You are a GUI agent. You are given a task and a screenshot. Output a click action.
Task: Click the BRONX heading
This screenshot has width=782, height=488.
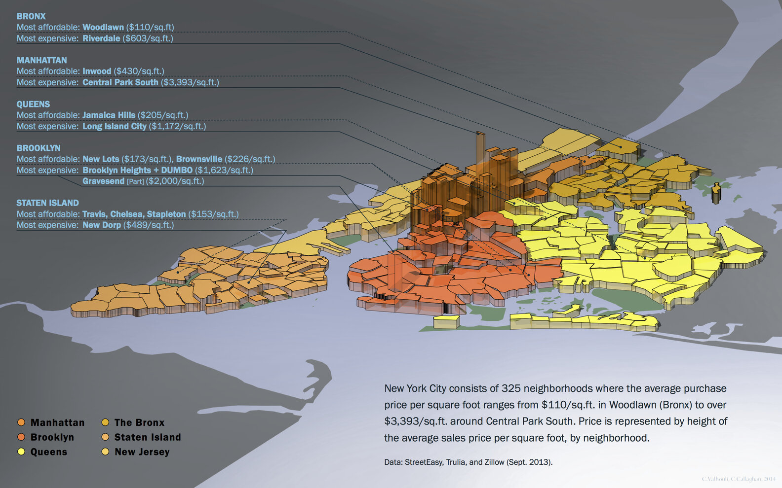(x=31, y=16)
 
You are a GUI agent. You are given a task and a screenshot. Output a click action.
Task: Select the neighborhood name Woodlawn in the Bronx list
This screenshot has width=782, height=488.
(x=103, y=27)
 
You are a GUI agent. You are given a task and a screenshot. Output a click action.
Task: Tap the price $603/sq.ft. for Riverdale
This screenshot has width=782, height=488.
(x=148, y=38)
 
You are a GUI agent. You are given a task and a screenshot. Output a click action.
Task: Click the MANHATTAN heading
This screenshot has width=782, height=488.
(x=41, y=60)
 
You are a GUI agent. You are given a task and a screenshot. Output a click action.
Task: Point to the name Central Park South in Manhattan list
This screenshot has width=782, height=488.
(x=120, y=82)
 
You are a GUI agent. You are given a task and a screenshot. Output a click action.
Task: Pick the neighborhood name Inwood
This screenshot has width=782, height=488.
(x=97, y=71)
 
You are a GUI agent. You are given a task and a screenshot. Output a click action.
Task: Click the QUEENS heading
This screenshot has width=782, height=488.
(x=33, y=104)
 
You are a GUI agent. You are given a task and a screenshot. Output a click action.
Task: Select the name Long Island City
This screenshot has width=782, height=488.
(x=114, y=126)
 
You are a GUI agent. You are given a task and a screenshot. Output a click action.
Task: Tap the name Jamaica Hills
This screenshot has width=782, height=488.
(x=109, y=115)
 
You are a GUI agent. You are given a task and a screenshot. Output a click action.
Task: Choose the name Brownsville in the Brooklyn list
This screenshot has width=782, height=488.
(x=199, y=159)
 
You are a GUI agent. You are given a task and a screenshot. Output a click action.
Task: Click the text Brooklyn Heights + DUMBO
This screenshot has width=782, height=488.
(x=137, y=170)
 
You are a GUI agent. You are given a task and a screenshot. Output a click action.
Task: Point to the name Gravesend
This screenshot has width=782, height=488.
(x=103, y=181)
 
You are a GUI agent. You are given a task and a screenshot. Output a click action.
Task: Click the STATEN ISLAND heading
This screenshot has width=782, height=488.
(x=47, y=203)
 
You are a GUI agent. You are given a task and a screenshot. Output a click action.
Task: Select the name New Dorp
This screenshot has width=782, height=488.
(x=101, y=225)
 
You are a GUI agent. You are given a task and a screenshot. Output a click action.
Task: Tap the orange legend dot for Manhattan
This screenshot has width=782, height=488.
(x=21, y=422)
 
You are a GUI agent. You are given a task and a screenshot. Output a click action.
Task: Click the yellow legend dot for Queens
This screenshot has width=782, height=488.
(x=21, y=452)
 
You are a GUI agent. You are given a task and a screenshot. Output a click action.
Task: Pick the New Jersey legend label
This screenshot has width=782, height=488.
(x=142, y=452)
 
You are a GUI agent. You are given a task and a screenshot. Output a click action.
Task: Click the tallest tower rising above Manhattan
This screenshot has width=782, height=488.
(x=480, y=148)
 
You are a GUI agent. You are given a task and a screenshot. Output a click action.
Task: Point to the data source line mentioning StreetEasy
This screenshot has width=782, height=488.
(x=468, y=462)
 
